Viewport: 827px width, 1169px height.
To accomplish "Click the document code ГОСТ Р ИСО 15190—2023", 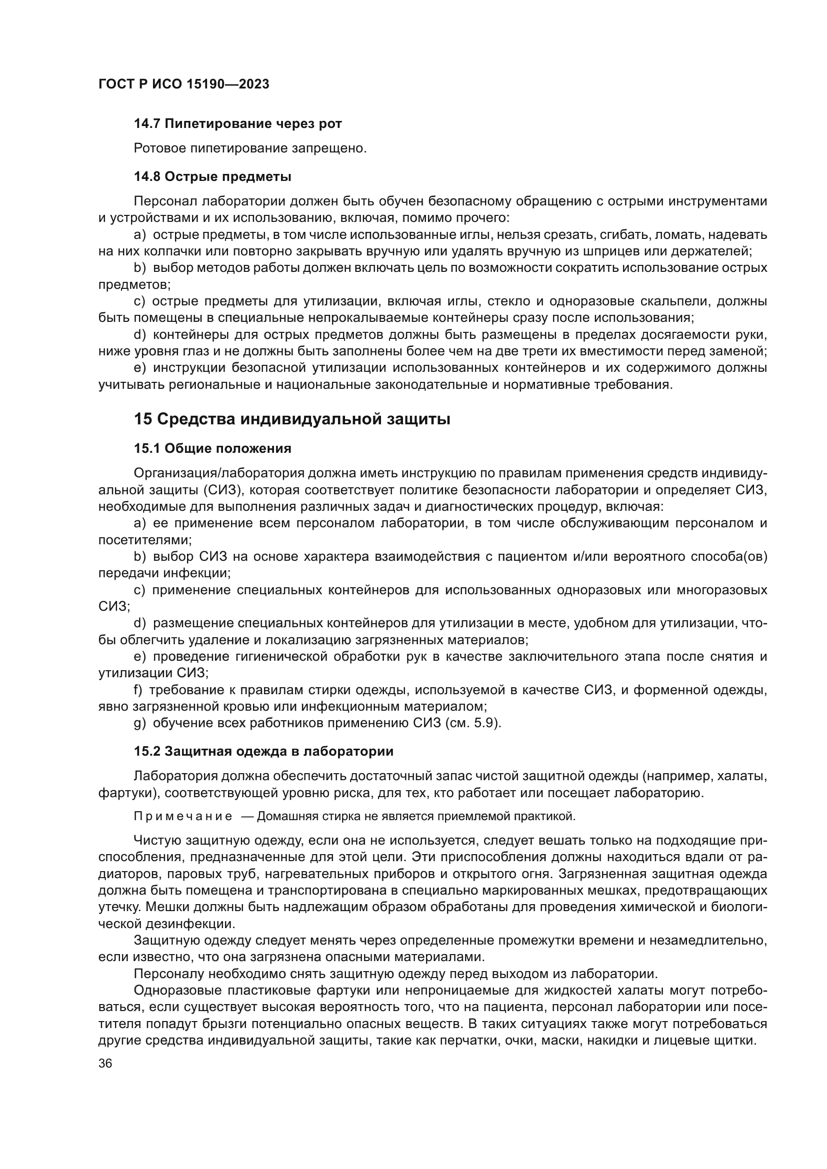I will (x=184, y=84).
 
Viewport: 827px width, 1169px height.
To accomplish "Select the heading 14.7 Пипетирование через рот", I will (x=238, y=124).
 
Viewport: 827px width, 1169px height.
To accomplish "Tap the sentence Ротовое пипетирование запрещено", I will (x=250, y=148).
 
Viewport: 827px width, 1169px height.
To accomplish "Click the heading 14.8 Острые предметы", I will (x=212, y=176).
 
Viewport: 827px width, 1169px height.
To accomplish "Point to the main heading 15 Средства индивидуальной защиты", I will (x=292, y=419).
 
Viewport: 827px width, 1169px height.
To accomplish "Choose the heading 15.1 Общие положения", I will (x=212, y=448).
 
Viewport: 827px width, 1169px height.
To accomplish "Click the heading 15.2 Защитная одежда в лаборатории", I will (x=263, y=752).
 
